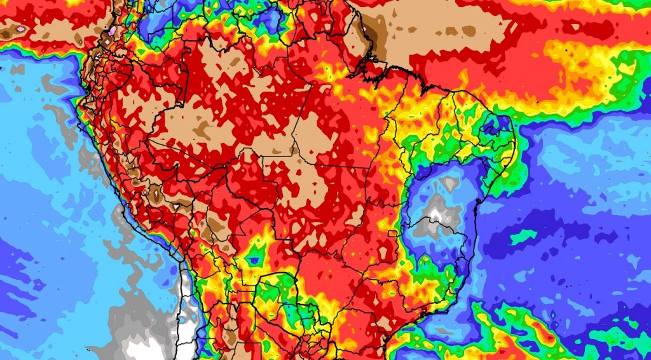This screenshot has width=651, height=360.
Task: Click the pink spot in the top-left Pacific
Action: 21,29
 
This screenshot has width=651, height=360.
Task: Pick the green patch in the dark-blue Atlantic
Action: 523,237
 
